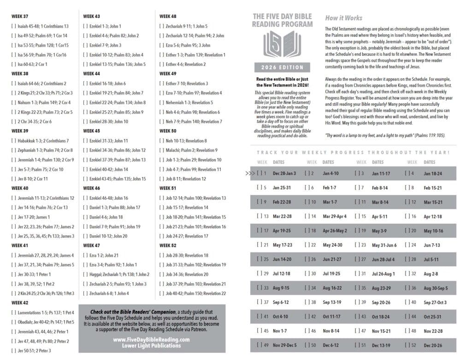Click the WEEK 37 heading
[20, 16]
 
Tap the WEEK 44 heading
[91, 74]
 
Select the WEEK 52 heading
[168, 245]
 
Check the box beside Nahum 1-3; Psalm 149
[14, 102]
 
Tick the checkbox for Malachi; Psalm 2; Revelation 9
[162, 150]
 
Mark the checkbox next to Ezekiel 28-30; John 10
[85, 121]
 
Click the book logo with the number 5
[282, 44]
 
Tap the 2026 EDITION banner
[282, 67]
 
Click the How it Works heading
[343, 18]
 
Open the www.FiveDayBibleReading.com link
[152, 339]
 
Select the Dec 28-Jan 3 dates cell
[284, 173]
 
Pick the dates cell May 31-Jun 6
[384, 245]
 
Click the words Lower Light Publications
[152, 346]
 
